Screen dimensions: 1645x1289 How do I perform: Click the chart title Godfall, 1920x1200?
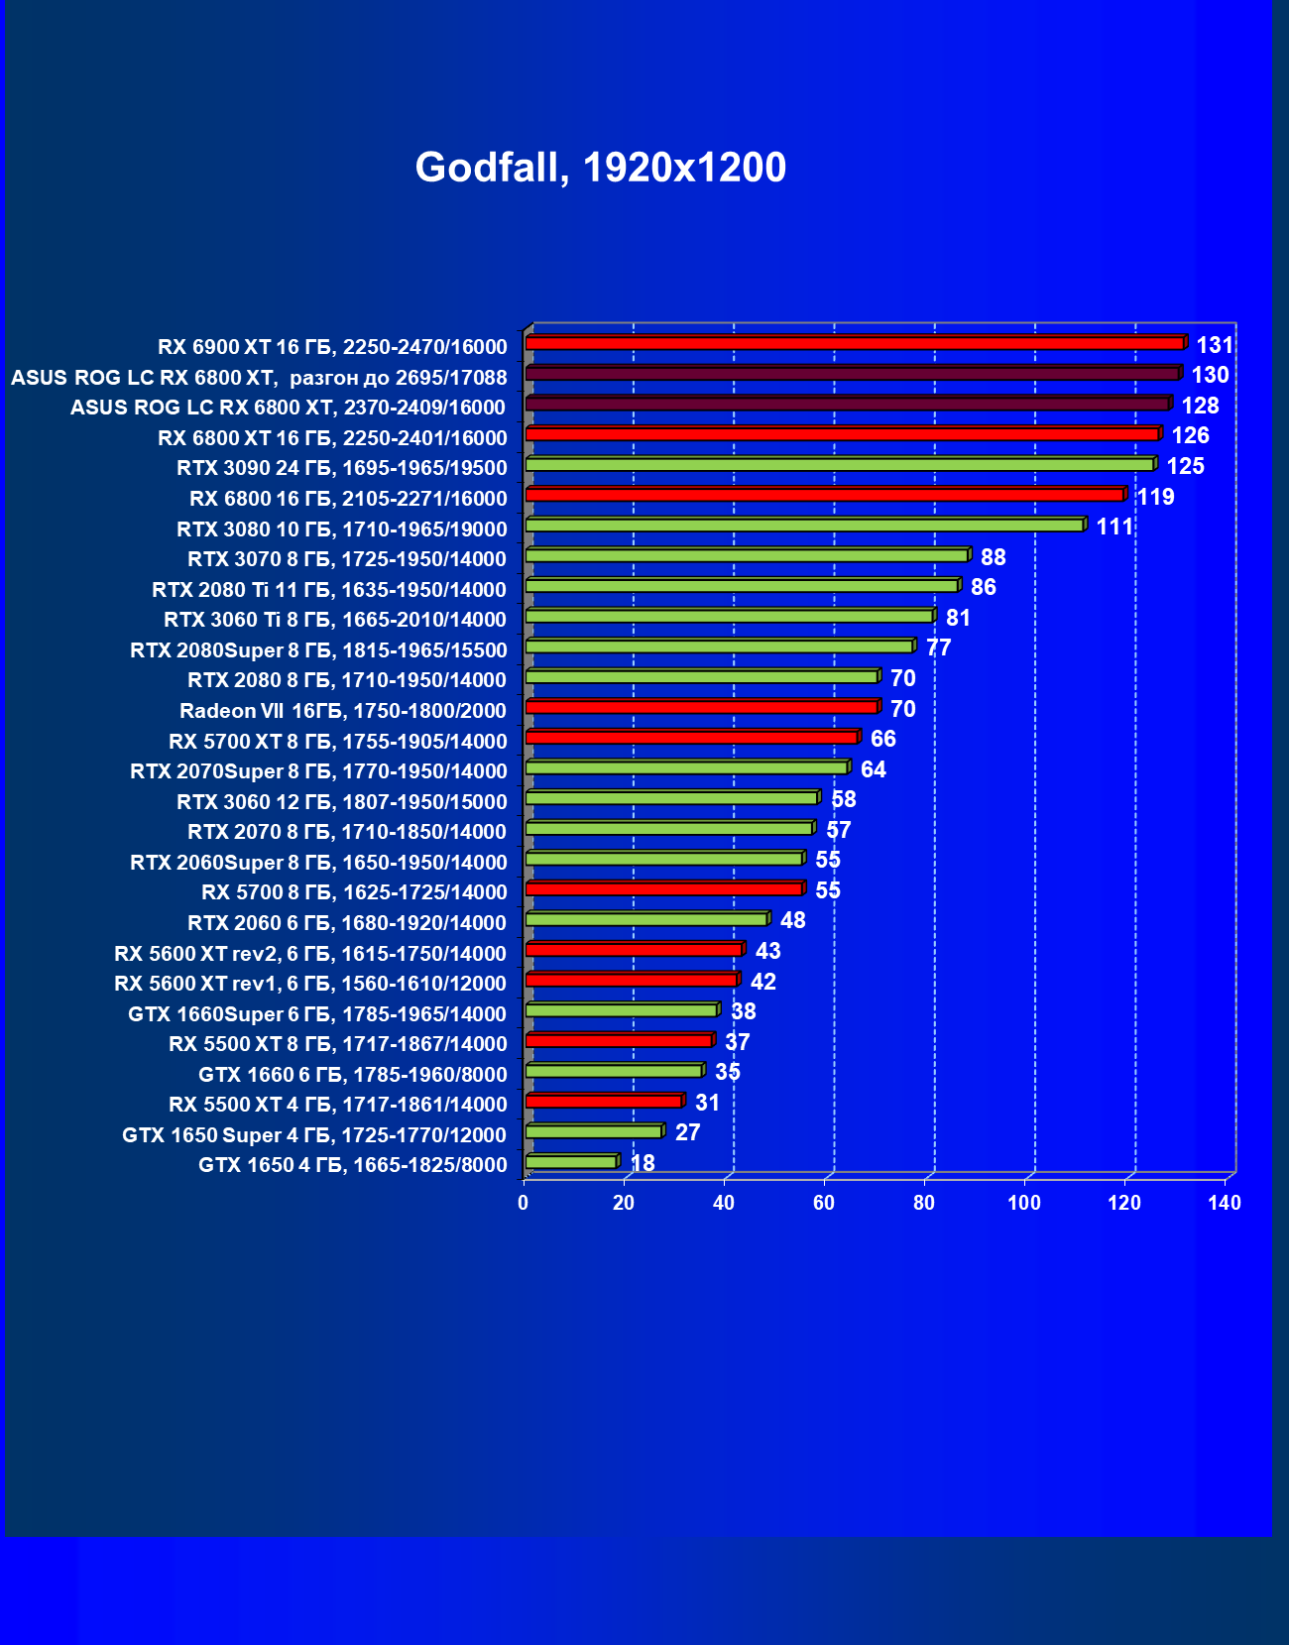point(600,168)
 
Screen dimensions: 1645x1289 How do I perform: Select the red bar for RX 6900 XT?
point(855,343)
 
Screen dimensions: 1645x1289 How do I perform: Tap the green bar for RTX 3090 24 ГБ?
point(840,464)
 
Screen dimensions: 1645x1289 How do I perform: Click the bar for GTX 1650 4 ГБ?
point(571,1161)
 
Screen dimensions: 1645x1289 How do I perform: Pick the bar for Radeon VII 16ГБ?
point(702,707)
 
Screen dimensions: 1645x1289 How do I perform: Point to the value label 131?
point(1215,345)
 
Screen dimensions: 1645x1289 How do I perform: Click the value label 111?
point(1114,527)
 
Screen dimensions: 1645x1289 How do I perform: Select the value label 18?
point(643,1163)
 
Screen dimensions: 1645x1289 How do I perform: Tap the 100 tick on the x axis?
point(1024,1203)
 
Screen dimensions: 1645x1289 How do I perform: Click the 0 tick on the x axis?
point(524,1203)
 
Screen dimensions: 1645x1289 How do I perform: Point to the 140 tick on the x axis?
point(1225,1203)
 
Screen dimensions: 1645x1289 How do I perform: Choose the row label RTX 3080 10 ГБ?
point(341,529)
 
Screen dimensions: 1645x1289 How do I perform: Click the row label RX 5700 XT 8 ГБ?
point(337,741)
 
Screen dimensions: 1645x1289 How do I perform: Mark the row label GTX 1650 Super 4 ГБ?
point(313,1134)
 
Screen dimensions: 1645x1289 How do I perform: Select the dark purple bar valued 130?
point(853,374)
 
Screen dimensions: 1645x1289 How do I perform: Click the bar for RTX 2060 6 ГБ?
point(646,919)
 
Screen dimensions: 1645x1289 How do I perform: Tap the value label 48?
point(792,920)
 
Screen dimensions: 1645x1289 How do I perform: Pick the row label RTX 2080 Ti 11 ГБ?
point(328,590)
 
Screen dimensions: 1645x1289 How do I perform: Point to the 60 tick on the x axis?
point(824,1203)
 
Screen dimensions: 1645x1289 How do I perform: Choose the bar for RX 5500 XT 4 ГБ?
point(604,1101)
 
